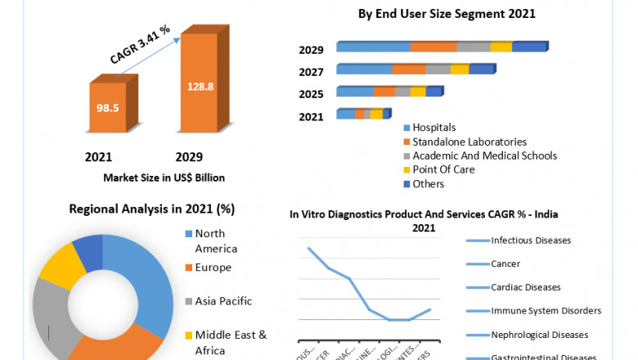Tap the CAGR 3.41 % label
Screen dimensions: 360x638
(141, 44)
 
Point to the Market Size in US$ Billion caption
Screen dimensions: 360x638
(164, 178)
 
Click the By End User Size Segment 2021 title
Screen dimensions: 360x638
(447, 14)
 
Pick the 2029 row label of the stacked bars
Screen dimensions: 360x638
(311, 50)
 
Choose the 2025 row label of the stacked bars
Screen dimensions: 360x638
(311, 94)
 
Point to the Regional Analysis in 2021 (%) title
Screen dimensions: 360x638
(152, 209)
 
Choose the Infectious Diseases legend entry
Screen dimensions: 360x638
(530, 241)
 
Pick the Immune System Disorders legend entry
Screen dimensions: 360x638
(546, 311)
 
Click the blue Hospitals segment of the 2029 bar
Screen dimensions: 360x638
(373, 47)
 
